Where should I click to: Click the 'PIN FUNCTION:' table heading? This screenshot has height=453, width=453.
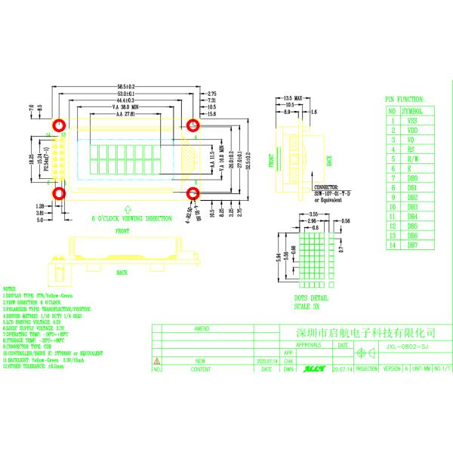pos(404,99)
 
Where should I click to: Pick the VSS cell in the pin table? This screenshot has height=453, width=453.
pos(411,120)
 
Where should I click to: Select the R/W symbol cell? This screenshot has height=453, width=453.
pos(412,159)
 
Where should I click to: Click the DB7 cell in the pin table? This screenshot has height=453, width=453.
pos(412,245)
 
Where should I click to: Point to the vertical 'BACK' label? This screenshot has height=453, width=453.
pos(328,160)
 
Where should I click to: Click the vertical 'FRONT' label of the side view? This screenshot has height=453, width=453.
pos(268,160)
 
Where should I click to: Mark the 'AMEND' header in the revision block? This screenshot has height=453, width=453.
pos(202,329)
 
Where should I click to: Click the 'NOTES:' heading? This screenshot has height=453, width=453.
pos(10,289)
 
